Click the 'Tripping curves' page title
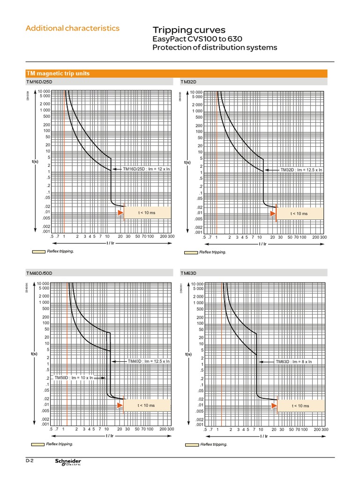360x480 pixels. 186,30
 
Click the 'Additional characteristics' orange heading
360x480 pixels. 73,28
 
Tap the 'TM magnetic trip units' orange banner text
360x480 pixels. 58,74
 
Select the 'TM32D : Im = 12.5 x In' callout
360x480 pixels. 301,170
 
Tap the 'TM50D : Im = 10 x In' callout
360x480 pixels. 74,377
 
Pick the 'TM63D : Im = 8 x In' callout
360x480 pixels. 293,362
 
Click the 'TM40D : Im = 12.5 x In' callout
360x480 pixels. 149,361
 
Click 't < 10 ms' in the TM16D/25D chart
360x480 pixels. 146,213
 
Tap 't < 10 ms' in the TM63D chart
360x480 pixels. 300,405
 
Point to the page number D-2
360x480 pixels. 30,461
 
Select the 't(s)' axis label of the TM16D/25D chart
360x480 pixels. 35,162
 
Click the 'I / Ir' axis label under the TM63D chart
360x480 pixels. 264,436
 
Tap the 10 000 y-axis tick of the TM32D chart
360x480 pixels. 197,92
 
